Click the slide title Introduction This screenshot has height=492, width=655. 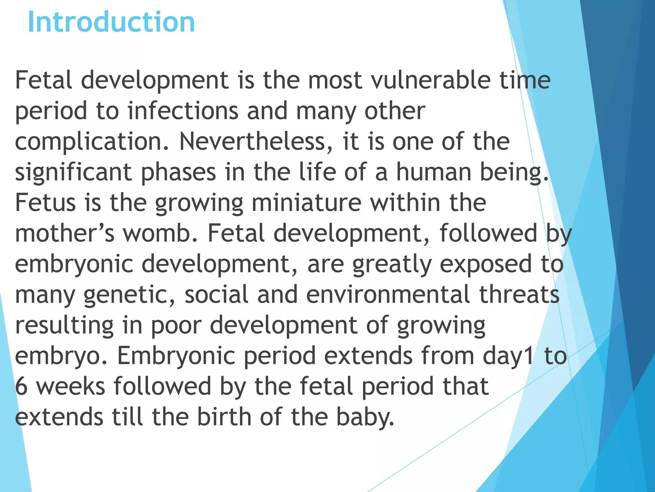coord(111,22)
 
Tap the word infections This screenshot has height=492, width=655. coord(183,111)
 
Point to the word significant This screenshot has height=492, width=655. coord(73,172)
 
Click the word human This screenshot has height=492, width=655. coord(434,172)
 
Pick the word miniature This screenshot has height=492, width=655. coord(306,203)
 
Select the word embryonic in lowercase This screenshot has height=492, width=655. coord(74,264)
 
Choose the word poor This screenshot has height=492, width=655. coord(176,325)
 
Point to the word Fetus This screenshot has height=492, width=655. coord(45,203)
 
